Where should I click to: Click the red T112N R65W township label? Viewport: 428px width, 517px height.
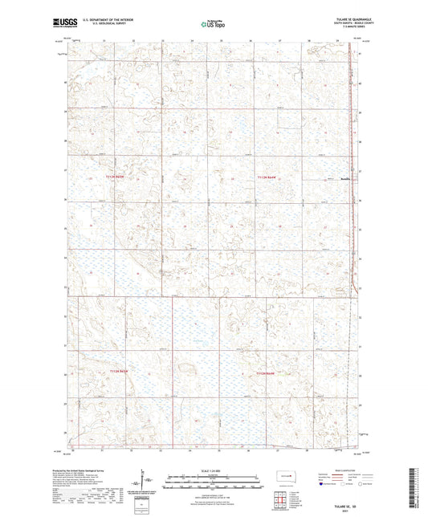point(117,177)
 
